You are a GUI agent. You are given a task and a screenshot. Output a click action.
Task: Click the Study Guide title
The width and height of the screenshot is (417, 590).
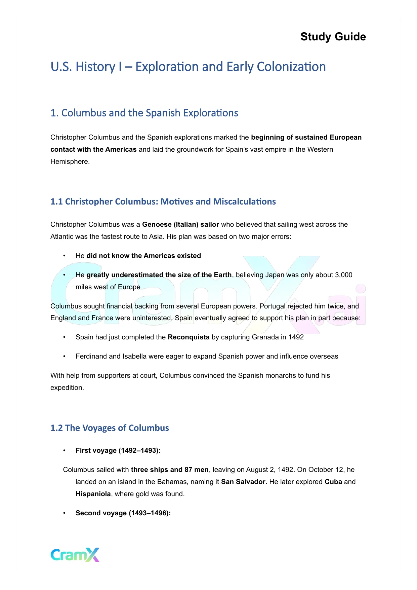click(x=333, y=37)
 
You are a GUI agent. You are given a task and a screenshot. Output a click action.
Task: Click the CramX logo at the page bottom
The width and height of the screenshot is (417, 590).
click(x=75, y=555)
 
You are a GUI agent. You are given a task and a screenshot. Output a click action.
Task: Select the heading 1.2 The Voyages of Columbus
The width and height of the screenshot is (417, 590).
click(x=110, y=428)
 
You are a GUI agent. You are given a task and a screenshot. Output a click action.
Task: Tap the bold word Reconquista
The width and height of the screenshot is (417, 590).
click(x=189, y=337)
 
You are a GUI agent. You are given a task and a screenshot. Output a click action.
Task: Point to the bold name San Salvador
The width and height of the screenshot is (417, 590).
click(x=243, y=482)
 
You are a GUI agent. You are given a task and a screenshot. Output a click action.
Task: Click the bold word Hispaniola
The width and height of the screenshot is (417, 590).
click(x=93, y=494)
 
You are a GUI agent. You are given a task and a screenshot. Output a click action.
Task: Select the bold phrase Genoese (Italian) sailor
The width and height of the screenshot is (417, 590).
click(x=180, y=224)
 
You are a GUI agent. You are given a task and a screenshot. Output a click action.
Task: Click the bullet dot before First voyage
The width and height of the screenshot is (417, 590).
click(x=64, y=450)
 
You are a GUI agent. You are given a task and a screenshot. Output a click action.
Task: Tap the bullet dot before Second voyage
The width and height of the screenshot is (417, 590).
click(x=64, y=513)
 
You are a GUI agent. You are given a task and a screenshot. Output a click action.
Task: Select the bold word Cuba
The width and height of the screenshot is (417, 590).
click(x=333, y=482)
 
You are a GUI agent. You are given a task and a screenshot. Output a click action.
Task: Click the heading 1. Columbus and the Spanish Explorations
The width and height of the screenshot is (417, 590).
click(x=144, y=113)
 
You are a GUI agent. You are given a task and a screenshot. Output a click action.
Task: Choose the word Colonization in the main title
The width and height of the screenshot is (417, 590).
click(x=291, y=67)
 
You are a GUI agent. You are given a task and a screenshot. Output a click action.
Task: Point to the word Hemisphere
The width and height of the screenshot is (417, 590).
click(x=70, y=161)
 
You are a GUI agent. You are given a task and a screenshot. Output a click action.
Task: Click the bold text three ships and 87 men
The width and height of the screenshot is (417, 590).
click(x=170, y=470)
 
